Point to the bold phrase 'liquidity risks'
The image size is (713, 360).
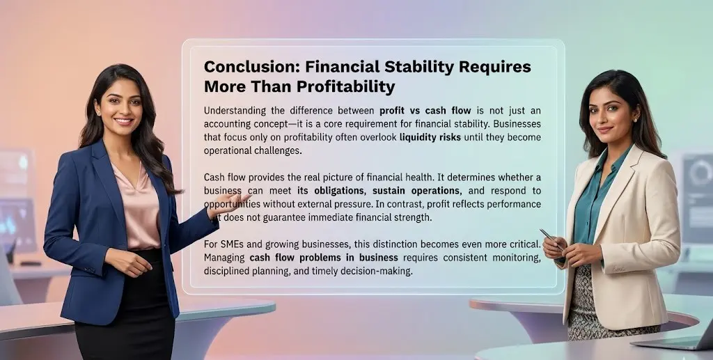[x=429, y=137]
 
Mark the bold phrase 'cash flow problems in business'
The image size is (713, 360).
[x=314, y=258]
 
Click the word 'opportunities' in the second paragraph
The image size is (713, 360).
[x=239, y=204]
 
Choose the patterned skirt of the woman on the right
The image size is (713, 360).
[x=592, y=306]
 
